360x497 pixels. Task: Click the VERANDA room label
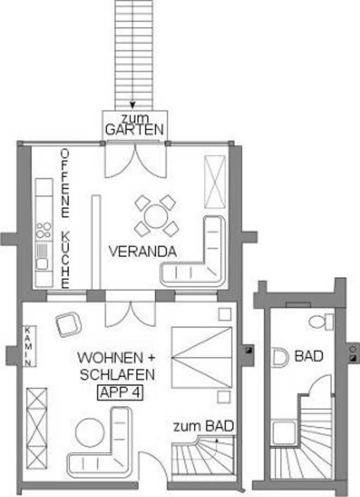click(x=143, y=252)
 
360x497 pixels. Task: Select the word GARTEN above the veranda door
click(x=135, y=130)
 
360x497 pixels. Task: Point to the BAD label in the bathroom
click(x=309, y=356)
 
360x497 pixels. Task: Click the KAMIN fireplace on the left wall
click(x=30, y=346)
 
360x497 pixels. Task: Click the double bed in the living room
click(x=202, y=357)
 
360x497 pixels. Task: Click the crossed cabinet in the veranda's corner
click(x=214, y=182)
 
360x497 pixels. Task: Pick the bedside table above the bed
click(x=225, y=314)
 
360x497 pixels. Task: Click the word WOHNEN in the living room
click(x=110, y=358)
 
